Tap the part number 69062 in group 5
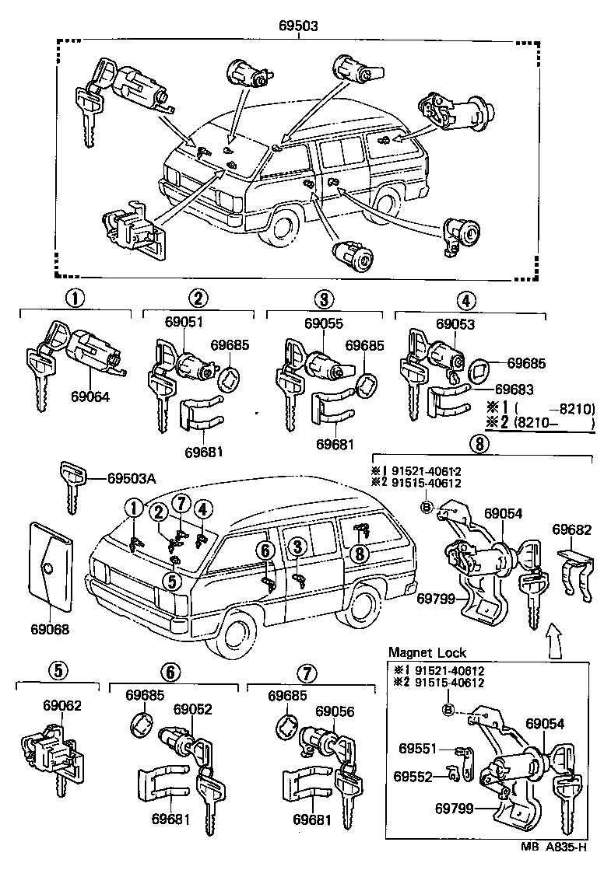pos(62,705)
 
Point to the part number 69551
pos(419,749)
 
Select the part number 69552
pos(413,777)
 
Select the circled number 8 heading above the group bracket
pos(479,444)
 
